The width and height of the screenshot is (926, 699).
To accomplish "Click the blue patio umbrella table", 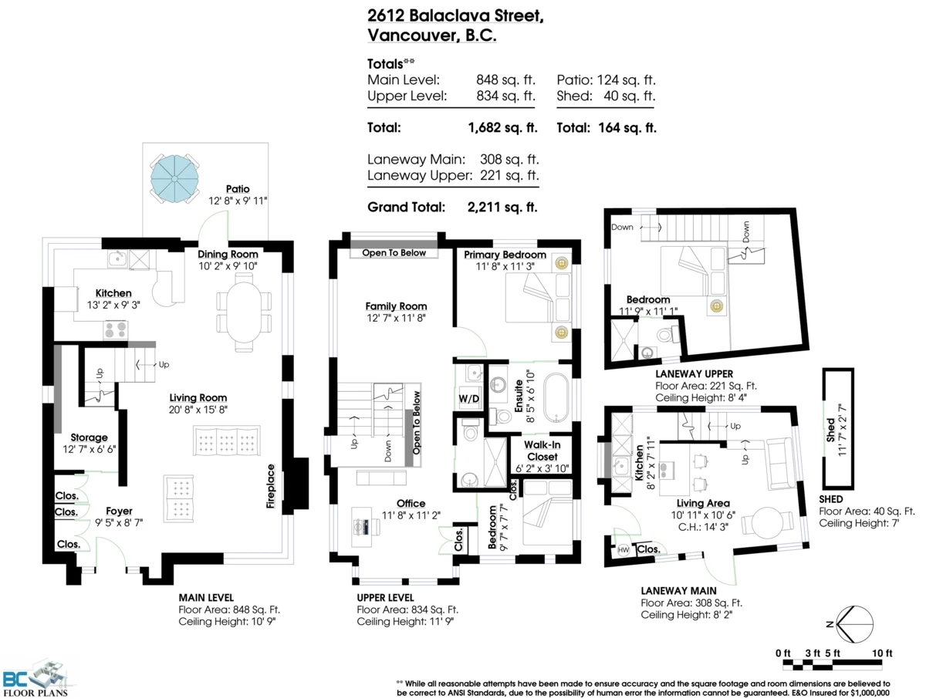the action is [x=174, y=179].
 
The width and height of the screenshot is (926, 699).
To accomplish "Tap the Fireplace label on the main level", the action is [x=271, y=486].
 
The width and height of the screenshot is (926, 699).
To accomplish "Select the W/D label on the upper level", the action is [x=468, y=398].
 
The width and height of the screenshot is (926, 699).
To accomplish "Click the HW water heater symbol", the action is [x=623, y=550].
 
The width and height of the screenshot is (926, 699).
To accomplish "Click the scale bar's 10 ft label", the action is [x=882, y=653].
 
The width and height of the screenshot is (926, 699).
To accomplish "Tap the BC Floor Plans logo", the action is [x=35, y=679].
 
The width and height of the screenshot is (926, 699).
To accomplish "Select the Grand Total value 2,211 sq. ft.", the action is [x=502, y=207].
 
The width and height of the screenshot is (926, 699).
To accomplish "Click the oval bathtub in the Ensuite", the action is [x=557, y=397].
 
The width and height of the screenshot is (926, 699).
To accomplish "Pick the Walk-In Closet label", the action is [x=542, y=451].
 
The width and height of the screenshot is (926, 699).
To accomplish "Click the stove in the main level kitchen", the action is [x=116, y=329].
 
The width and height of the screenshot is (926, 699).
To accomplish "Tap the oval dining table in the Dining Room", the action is [x=244, y=312].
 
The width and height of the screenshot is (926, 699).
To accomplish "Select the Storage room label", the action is [x=89, y=437].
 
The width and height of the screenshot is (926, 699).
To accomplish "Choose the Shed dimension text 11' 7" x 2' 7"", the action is [x=842, y=430].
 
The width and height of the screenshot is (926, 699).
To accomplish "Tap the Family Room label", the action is [x=396, y=306].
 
